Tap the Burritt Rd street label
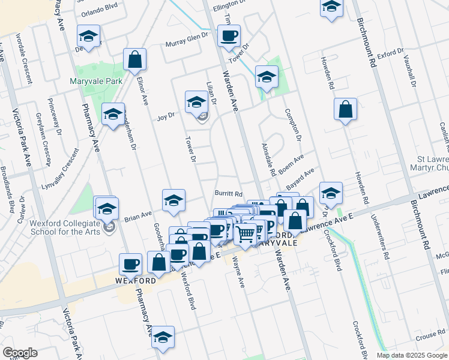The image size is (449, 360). tap(229, 194)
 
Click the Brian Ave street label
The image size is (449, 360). tap(138, 217)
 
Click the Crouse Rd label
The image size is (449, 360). tap(424, 337)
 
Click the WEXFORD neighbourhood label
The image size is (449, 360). tap(136, 280)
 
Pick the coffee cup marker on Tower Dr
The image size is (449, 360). tap(229, 37)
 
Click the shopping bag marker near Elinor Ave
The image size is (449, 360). tap(135, 60)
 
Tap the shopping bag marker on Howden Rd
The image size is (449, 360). tap(346, 110)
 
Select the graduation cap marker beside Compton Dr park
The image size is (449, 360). tap(267, 77)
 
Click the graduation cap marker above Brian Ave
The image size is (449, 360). tap(173, 200)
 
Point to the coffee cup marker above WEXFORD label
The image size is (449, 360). tap(131, 264)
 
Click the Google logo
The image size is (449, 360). tap(20, 353)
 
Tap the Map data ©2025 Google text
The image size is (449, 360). tap(411, 355)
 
